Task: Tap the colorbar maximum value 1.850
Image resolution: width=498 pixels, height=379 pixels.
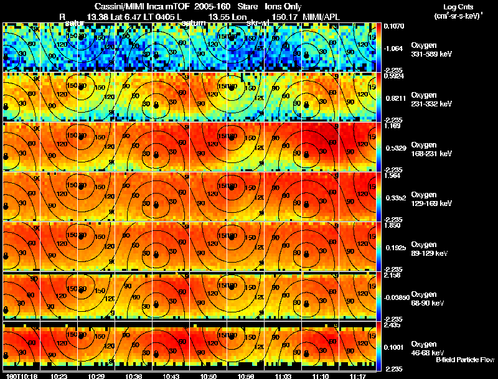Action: coord(393,225)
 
